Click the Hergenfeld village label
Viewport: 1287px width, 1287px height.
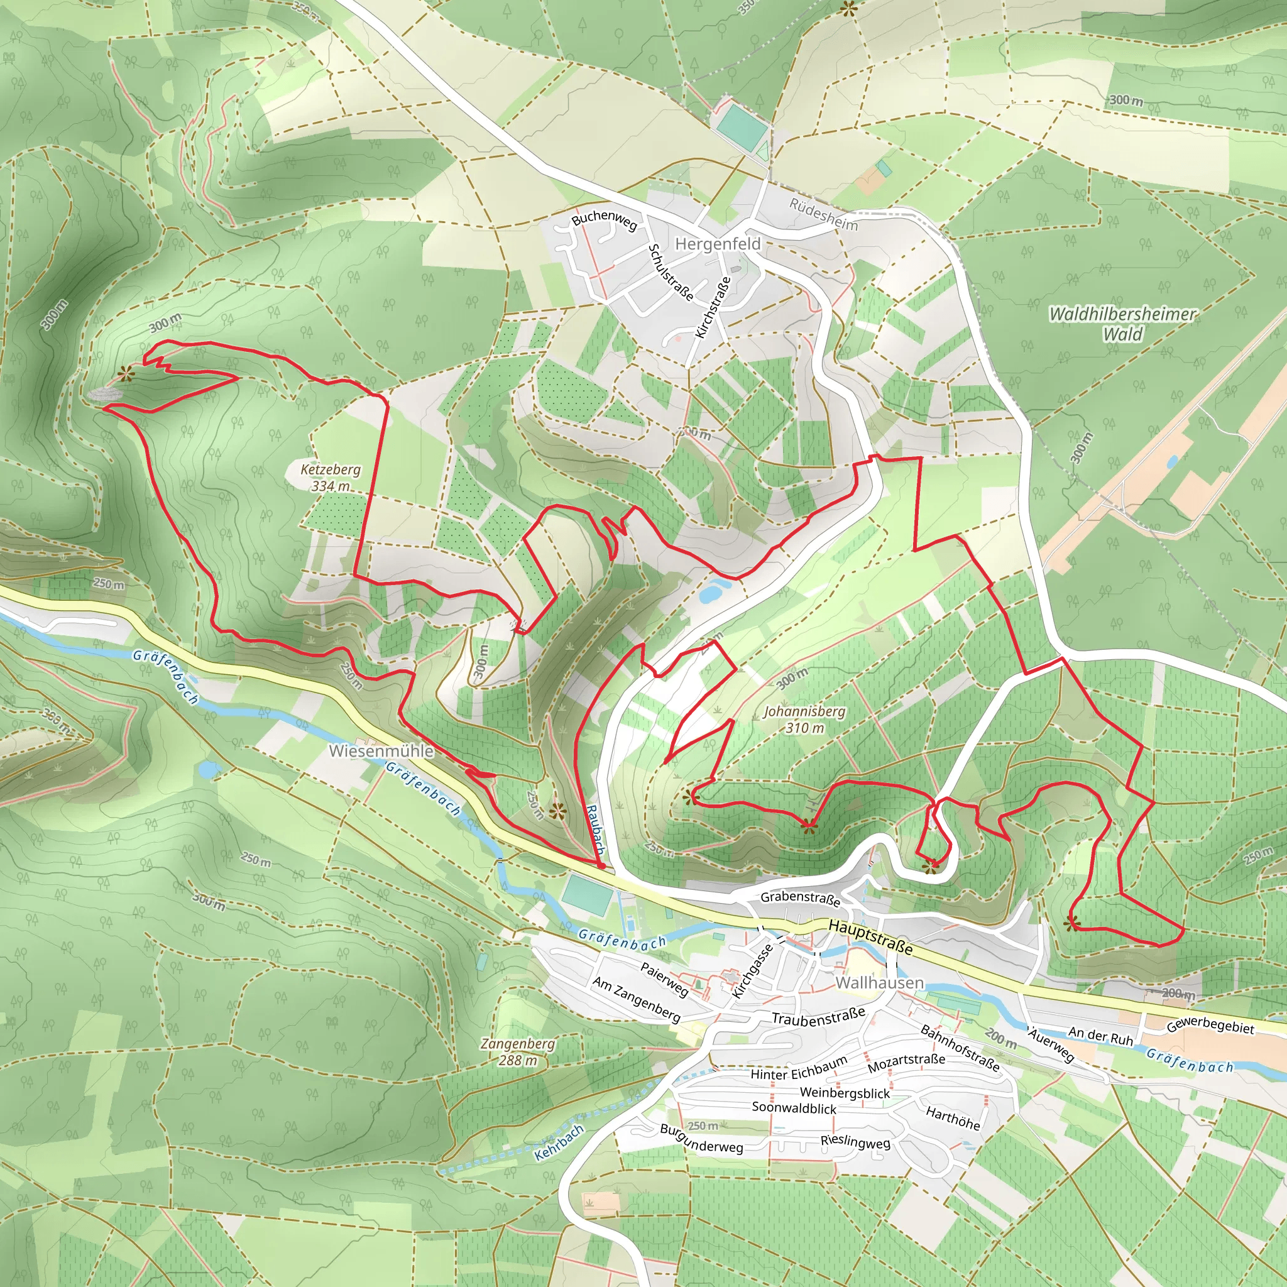tap(718, 244)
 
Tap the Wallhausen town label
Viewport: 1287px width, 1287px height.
tap(879, 983)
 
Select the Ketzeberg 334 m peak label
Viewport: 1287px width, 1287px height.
tap(331, 478)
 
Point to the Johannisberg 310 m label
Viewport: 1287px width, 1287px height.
tap(804, 720)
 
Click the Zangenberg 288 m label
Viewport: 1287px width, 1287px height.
tap(518, 1051)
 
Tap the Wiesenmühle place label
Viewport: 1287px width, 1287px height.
tap(381, 751)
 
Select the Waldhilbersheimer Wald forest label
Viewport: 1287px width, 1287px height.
tap(1122, 323)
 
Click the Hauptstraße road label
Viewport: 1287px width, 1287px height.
tap(870, 936)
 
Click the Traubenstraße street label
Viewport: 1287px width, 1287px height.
tap(818, 1016)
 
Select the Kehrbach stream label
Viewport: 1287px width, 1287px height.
tap(559, 1142)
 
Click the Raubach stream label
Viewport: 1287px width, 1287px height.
tap(595, 830)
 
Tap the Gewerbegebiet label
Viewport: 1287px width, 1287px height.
tap(1210, 1025)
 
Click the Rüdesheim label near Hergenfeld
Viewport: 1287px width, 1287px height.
tap(823, 214)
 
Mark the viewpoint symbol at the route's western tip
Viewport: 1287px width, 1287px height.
tap(124, 374)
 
